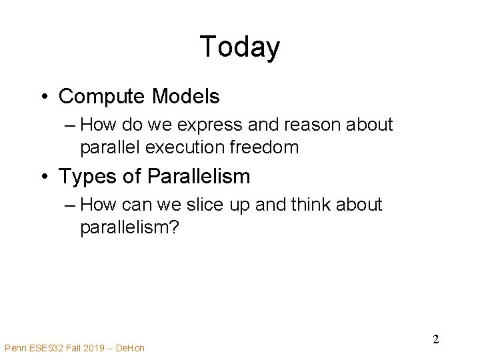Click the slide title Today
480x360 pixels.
(239, 47)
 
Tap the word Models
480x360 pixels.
(186, 97)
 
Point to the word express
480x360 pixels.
(207, 125)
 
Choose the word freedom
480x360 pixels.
(265, 147)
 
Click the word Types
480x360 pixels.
(83, 177)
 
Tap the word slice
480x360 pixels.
(218, 205)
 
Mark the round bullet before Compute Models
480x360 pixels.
(43, 97)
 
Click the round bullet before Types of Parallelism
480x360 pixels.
(43, 177)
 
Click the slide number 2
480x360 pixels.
(435, 339)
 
